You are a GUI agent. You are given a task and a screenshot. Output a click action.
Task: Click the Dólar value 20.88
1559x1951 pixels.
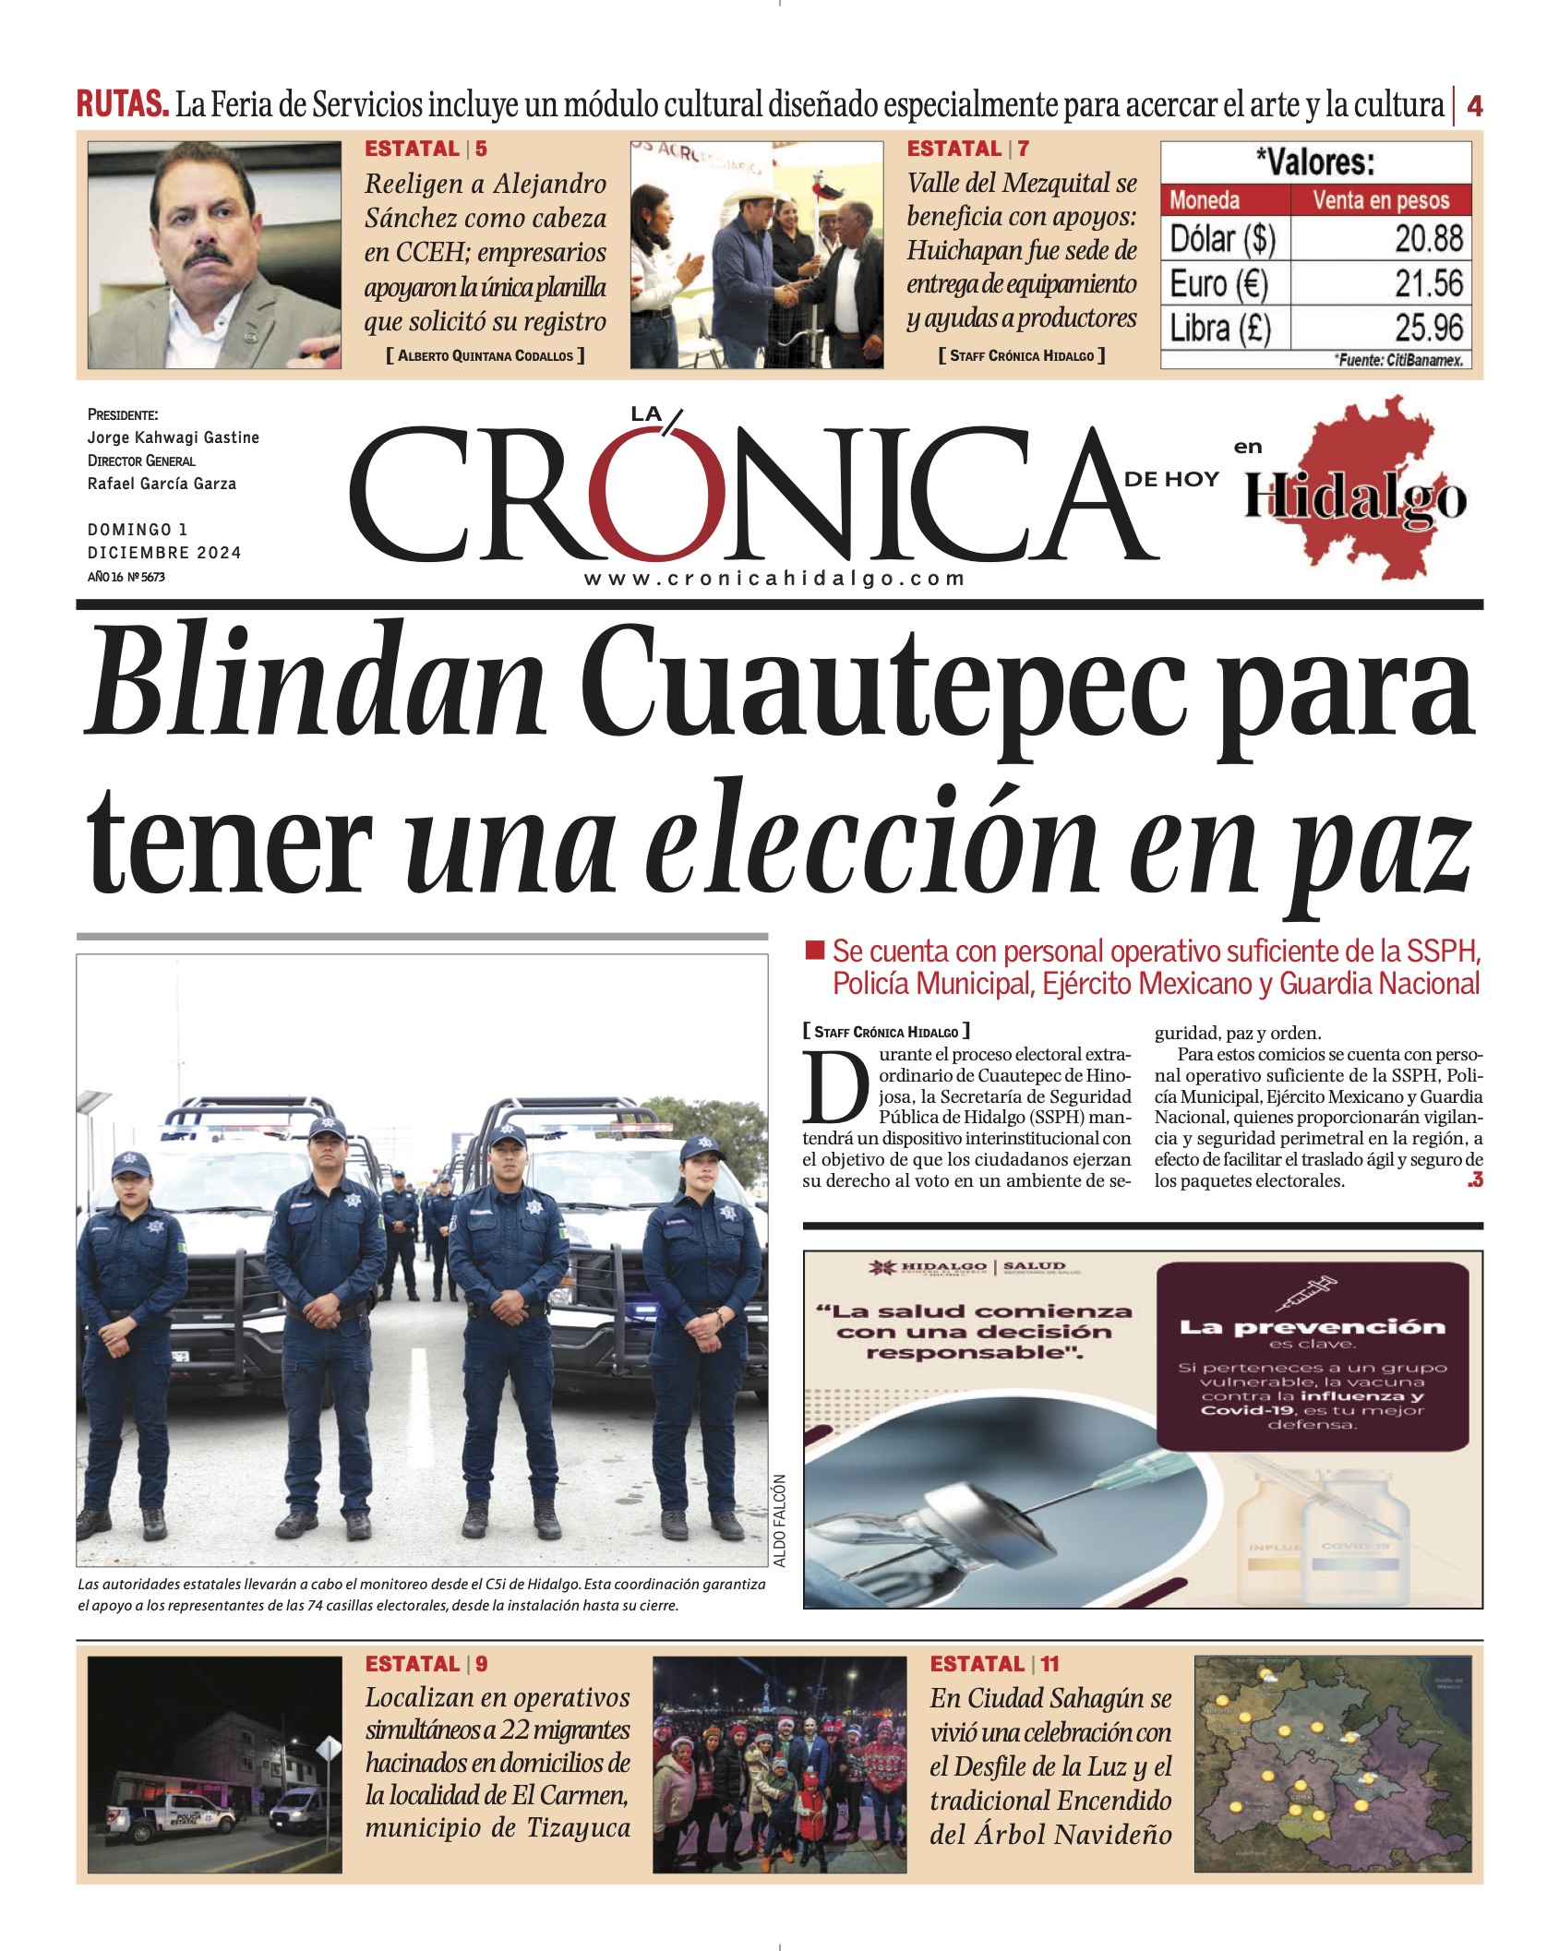click(1428, 239)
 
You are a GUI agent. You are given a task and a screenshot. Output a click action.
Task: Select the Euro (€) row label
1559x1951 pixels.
click(1218, 283)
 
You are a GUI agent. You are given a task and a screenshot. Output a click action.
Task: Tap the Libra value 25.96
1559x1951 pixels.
click(1428, 328)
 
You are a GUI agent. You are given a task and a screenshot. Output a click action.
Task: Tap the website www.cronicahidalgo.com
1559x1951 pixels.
click(774, 579)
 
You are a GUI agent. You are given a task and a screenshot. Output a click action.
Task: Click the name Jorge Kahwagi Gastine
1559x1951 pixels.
click(174, 437)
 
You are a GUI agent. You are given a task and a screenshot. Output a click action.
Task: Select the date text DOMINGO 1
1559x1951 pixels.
click(138, 530)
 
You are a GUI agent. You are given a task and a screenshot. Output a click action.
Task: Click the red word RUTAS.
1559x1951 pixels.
click(122, 104)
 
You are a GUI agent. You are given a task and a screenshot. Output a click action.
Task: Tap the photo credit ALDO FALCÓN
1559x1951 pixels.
click(780, 1520)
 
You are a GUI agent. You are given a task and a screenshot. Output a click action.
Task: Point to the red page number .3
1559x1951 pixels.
click(1474, 1179)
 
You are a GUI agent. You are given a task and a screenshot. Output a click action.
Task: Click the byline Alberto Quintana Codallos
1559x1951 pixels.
click(485, 355)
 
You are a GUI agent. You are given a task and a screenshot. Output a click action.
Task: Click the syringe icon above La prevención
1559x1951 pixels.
click(1305, 1292)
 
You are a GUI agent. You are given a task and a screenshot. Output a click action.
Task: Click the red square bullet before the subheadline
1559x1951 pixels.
click(814, 950)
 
